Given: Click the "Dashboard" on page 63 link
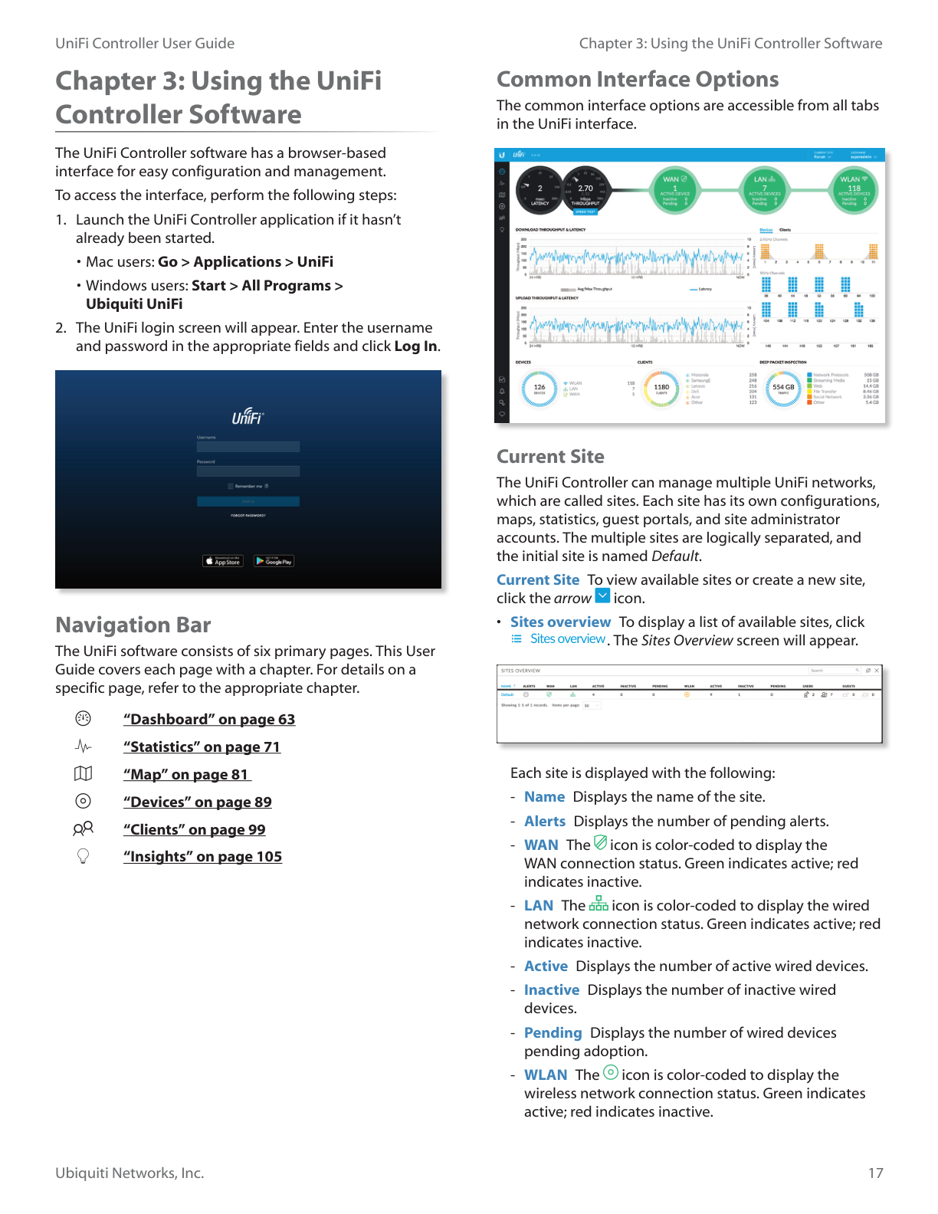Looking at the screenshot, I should coord(208,720).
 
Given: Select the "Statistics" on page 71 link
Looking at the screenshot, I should coord(202,747).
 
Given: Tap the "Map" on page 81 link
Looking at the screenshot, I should coord(186,775).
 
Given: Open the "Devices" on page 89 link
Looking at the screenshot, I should coord(197,802).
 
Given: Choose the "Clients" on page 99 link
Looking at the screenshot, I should coord(194,830).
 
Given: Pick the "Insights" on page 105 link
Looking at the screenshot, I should coord(202,857).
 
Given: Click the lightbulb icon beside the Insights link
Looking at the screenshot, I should coord(84,856).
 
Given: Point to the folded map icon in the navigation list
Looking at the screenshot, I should coord(83,774).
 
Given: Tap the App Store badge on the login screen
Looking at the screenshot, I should coord(223,561).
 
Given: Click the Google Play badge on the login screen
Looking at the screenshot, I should coord(274,561).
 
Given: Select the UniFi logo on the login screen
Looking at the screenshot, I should coord(248,417).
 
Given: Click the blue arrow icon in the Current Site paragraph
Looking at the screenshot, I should coord(602,596).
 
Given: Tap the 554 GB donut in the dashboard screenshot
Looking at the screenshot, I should coord(783,388).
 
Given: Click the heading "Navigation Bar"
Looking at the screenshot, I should coord(133,625).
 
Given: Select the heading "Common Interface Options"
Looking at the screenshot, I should coord(637,80).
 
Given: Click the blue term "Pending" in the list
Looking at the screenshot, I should coord(553,1033).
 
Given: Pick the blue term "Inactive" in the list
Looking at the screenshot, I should coord(551,990).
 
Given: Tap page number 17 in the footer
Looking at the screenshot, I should coord(875,1173).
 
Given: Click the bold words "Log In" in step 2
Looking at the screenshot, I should coord(415,346).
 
